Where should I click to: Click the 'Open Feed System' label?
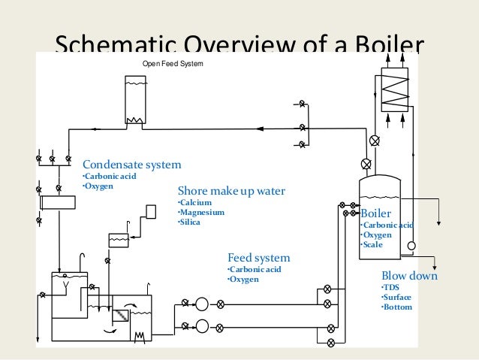point(173,63)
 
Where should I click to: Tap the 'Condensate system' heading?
point(131,165)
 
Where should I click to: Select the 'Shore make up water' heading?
point(231,191)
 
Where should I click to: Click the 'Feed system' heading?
point(258,259)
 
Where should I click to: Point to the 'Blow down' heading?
point(409,276)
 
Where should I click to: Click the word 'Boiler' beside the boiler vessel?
point(376,213)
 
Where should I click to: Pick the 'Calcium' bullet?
point(194,202)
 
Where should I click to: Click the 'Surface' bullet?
point(396,296)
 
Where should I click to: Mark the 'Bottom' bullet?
point(396,307)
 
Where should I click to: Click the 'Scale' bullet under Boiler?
point(372,245)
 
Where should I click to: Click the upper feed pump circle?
point(201,304)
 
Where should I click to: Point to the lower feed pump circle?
point(201,326)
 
